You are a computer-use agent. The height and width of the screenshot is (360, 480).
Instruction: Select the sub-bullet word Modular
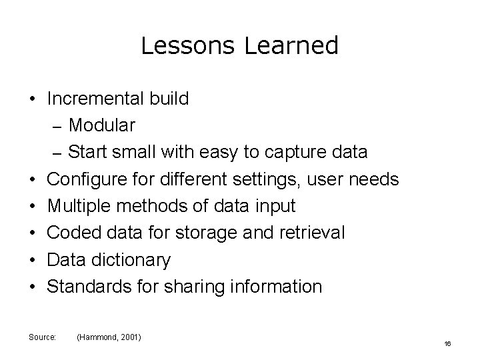point(102,125)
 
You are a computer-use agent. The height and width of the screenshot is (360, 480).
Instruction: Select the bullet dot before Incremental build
point(32,99)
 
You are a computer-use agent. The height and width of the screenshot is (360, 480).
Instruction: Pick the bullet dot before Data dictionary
point(32,260)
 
